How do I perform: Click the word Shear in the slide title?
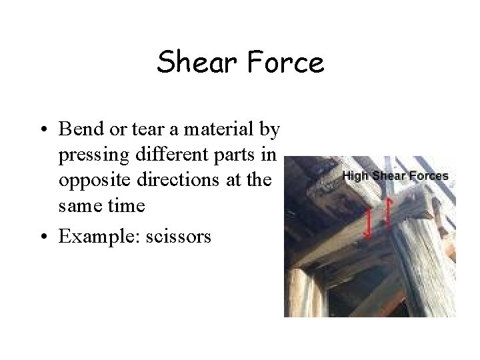[193, 63]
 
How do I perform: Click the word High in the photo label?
[355, 176]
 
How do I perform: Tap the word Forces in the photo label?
[430, 176]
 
